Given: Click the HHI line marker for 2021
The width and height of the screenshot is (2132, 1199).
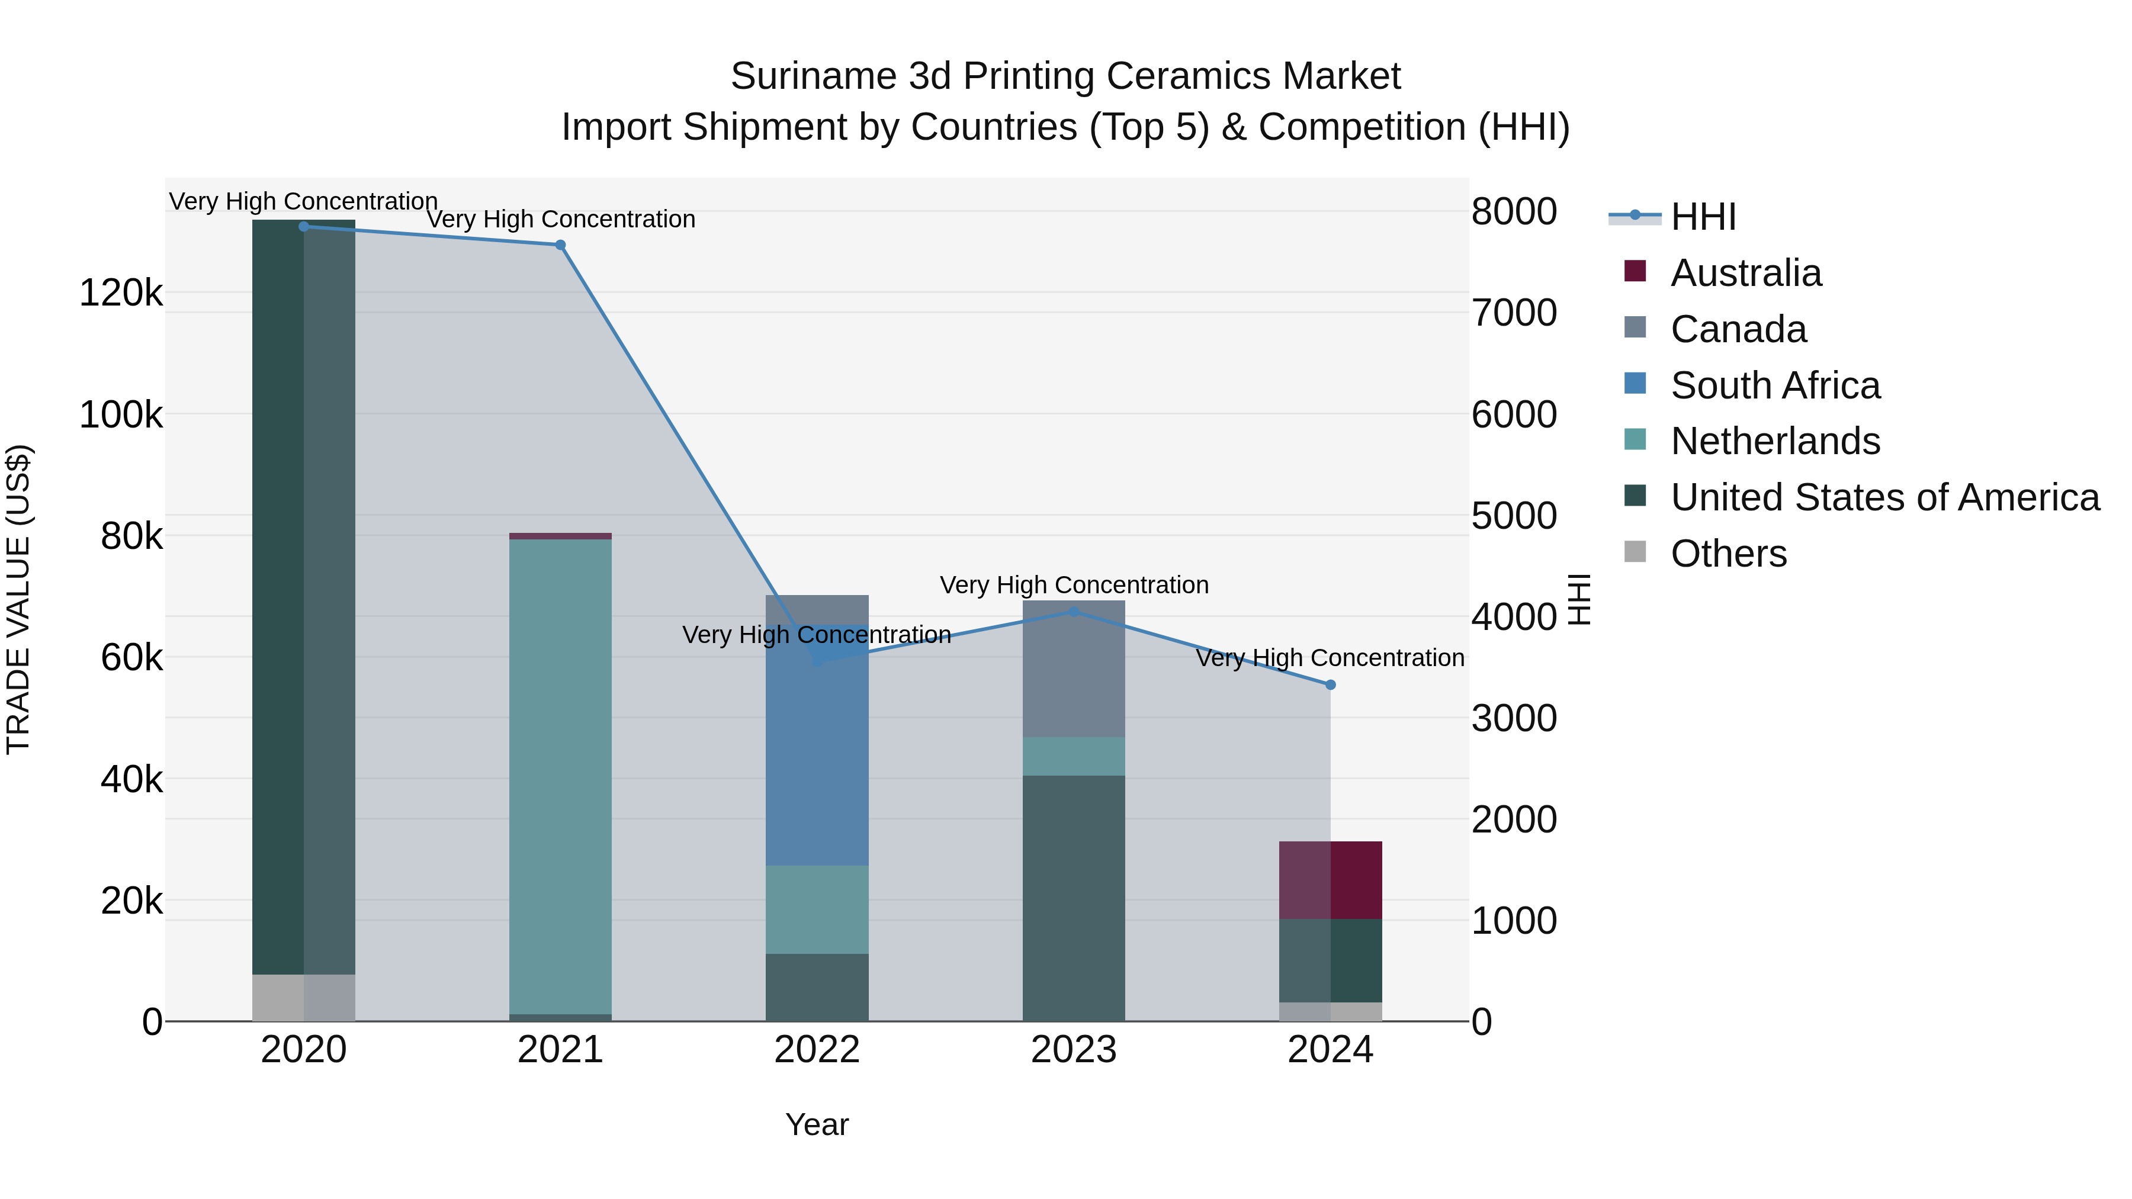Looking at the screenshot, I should (x=560, y=245).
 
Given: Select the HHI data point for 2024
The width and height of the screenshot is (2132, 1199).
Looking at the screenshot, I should (x=1331, y=685).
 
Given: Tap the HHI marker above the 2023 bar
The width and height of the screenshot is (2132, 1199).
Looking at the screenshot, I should (x=1074, y=612).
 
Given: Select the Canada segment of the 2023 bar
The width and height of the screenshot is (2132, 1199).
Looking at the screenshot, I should (x=1074, y=670).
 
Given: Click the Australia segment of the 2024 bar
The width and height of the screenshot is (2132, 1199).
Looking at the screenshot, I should (x=1331, y=880).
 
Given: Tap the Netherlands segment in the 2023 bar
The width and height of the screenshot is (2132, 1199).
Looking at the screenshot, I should (x=1074, y=756).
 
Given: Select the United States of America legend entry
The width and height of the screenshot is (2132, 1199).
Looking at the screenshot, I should (x=1884, y=497).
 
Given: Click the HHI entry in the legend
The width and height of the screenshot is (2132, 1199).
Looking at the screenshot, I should (x=1703, y=217).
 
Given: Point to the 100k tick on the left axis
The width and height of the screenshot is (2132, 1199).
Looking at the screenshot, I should (x=121, y=414).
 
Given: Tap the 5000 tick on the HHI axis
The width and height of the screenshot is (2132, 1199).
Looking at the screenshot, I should (x=1514, y=516).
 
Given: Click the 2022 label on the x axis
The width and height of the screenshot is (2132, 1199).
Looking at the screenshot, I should (x=817, y=1050).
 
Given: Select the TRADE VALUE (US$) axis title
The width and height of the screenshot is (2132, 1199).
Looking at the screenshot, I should (x=18, y=599).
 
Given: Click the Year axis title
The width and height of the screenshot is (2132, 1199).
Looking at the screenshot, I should (x=817, y=1124).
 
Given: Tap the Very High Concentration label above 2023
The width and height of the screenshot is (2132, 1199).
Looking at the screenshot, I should (x=1074, y=585).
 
